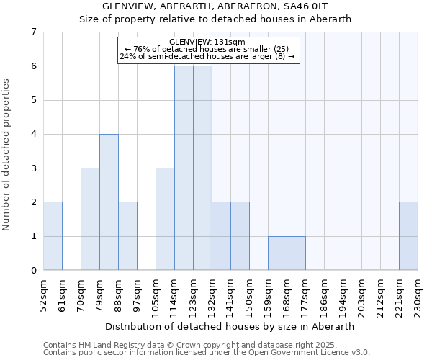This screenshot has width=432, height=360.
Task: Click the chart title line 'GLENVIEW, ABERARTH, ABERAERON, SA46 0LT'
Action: [x=215, y=6]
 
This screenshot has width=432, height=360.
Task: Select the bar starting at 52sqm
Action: [x=53, y=236]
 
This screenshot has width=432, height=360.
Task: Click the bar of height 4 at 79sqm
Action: [x=109, y=202]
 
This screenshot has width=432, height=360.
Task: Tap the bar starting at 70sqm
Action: [x=90, y=220]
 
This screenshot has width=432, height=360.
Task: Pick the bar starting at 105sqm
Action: [x=165, y=220]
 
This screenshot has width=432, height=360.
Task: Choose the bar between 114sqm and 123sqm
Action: [x=184, y=168]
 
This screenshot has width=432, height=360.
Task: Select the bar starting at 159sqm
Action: [x=277, y=253]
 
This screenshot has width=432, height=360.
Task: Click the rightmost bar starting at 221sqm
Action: [x=408, y=236]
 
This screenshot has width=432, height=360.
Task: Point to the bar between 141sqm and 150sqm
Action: [x=240, y=236]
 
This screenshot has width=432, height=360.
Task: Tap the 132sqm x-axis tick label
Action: [x=212, y=295]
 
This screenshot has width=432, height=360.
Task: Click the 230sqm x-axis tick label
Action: [x=418, y=295]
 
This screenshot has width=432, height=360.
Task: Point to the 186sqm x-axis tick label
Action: [x=324, y=295]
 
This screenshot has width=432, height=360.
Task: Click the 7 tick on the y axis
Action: [x=33, y=32]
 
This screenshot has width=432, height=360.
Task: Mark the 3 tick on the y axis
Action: [x=33, y=168]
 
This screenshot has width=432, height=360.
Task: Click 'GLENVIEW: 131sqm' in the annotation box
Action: [x=208, y=42]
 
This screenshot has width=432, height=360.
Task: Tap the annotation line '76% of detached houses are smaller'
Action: [x=208, y=49]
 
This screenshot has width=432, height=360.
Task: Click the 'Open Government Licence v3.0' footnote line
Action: [x=207, y=353]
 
